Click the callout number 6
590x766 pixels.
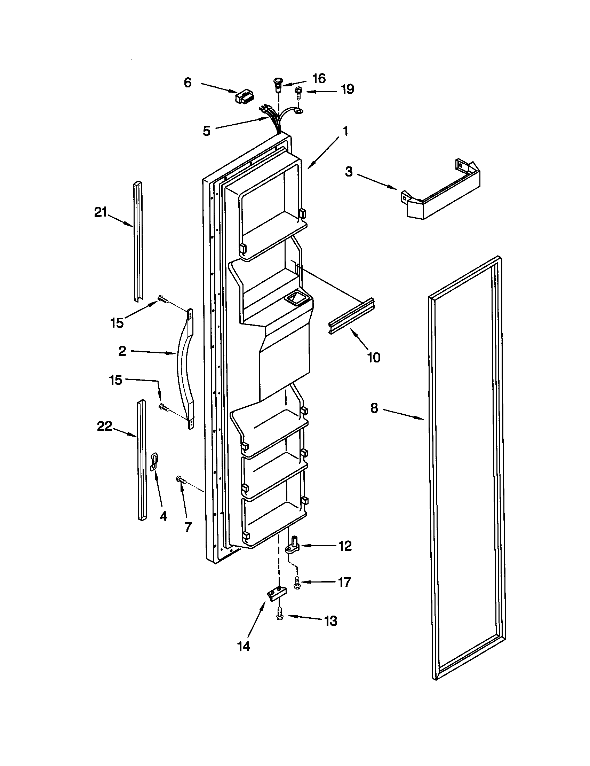pos(188,83)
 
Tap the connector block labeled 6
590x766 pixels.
pos(245,97)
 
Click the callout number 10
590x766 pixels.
pos(374,358)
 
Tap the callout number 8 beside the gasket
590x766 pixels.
pos(374,408)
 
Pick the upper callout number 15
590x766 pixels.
pos(117,323)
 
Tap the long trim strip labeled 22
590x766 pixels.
pos(142,460)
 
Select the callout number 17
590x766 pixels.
pos(344,583)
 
